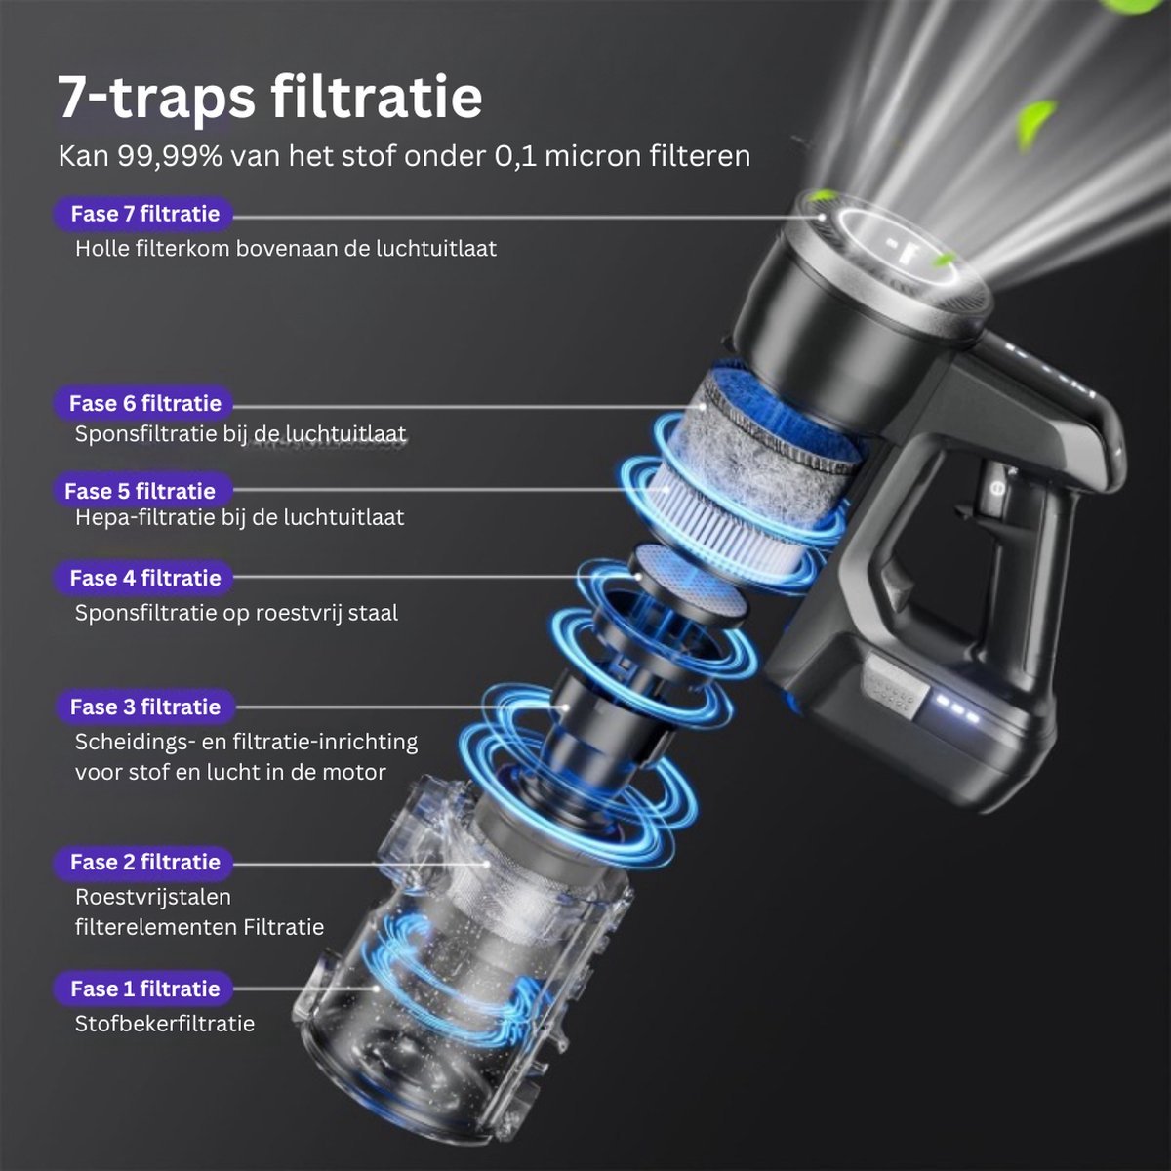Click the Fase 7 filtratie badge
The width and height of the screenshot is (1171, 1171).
[x=144, y=214]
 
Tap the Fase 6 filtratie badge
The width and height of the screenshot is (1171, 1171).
[x=144, y=403]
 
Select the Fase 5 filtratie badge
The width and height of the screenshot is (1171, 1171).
[x=141, y=491]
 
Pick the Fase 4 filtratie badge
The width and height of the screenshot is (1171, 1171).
[x=144, y=578]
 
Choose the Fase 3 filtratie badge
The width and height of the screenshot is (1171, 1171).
[x=145, y=707]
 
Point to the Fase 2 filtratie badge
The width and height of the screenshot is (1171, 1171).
[x=144, y=863]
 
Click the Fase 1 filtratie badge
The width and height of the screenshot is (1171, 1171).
[x=144, y=989]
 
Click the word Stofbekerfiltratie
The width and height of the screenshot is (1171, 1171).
[x=165, y=1024]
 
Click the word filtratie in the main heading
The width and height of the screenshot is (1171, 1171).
[x=376, y=98]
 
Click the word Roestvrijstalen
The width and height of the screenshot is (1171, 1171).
[x=153, y=897]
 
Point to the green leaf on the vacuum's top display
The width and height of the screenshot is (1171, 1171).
[x=944, y=262]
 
